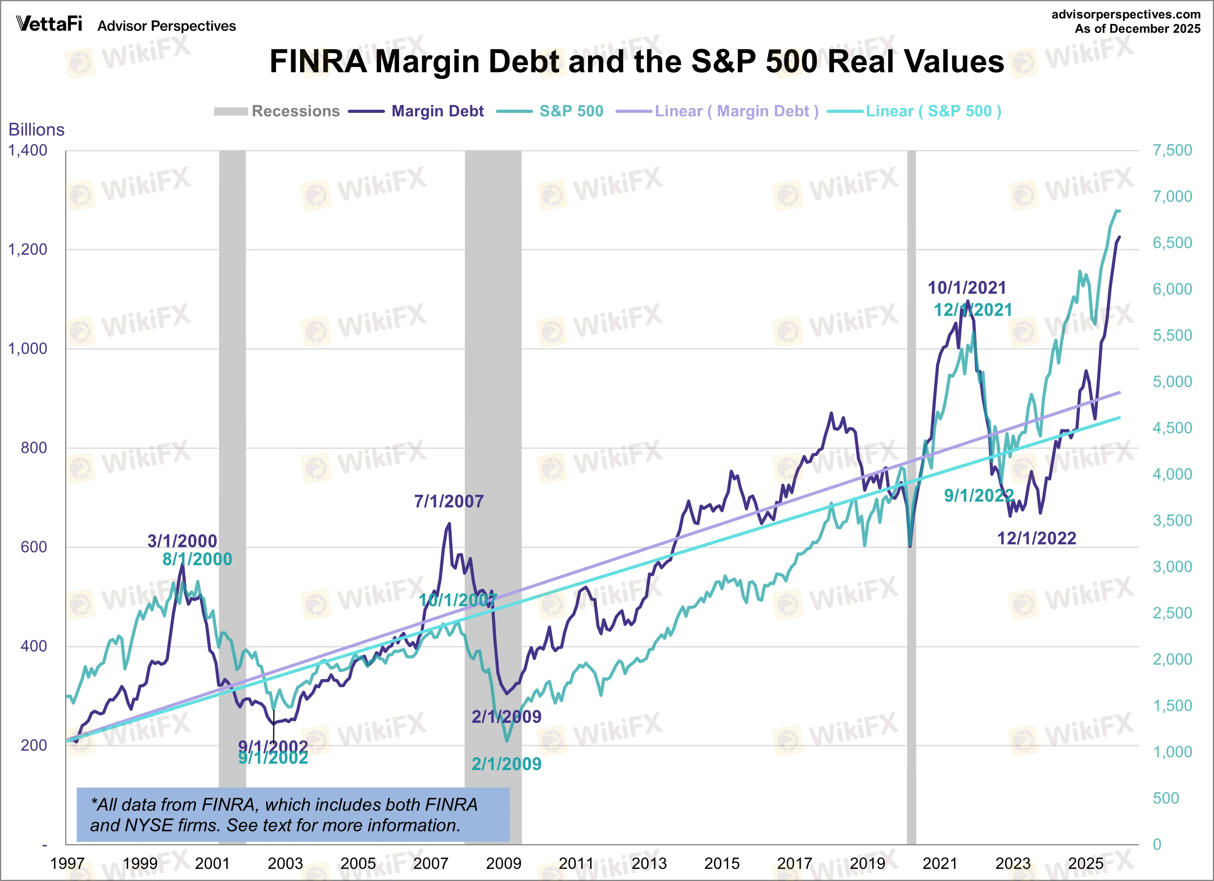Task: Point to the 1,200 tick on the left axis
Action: click(28, 249)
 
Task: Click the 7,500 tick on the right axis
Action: click(1172, 150)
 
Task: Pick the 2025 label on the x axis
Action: click(1086, 863)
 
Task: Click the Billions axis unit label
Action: click(36, 130)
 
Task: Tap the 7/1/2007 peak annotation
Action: click(449, 501)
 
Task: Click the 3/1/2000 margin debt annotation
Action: click(182, 541)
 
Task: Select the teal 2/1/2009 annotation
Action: click(506, 764)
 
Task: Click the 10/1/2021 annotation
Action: click(967, 288)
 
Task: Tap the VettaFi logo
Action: click(49, 24)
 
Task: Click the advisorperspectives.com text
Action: click(1126, 14)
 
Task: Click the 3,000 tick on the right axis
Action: click(1172, 567)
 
